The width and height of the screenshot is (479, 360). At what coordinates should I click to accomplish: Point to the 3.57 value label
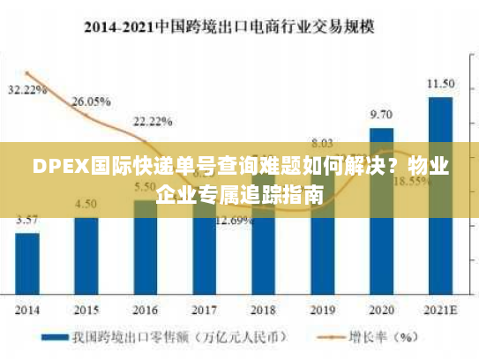[27, 219]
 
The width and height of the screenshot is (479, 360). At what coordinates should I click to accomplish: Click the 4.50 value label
[86, 204]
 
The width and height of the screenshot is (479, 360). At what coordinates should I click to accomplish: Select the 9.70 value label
[381, 115]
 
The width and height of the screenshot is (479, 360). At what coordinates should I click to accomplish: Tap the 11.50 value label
[440, 84]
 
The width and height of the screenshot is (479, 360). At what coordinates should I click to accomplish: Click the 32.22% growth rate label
[26, 90]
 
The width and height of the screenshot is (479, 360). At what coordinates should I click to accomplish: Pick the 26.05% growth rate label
[91, 101]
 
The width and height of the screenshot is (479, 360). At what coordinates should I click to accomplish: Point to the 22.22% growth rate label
[152, 121]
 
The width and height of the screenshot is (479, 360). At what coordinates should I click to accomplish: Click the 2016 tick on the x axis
[145, 310]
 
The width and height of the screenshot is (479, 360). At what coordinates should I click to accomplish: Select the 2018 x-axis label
[263, 310]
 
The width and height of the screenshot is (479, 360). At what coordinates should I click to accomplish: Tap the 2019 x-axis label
[322, 310]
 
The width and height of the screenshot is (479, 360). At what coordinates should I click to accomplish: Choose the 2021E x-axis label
[440, 310]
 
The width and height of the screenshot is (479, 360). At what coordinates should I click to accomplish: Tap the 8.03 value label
[322, 143]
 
